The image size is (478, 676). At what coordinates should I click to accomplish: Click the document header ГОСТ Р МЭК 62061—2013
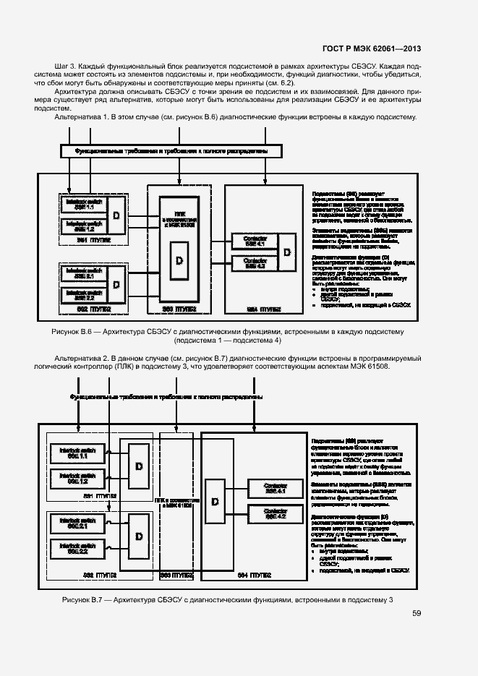(372, 48)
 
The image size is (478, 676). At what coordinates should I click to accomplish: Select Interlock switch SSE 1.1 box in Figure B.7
(77, 454)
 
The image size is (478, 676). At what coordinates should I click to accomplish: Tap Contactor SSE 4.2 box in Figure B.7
(275, 514)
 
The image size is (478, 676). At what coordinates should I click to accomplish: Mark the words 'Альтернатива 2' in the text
(81, 358)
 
